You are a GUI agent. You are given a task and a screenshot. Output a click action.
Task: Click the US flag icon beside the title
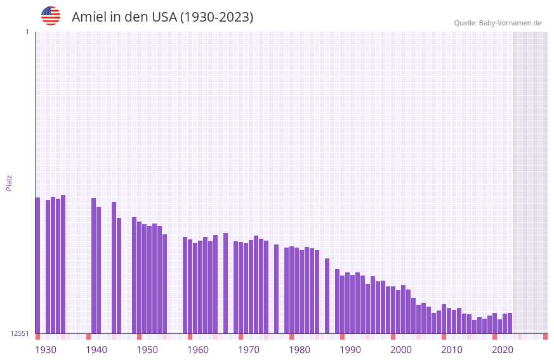(51, 16)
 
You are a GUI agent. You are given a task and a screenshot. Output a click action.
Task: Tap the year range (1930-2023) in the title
(216, 17)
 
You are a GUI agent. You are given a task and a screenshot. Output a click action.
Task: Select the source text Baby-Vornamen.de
(510, 23)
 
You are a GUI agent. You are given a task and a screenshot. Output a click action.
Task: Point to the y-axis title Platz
(9, 182)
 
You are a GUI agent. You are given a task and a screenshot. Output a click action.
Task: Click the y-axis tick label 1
(27, 32)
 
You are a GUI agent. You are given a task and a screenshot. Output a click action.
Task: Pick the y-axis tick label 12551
(20, 333)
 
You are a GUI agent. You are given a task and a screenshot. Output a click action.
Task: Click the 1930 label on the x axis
(46, 350)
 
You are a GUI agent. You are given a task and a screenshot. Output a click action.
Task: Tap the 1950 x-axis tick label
(147, 350)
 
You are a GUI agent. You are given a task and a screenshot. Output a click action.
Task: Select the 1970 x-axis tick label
(249, 350)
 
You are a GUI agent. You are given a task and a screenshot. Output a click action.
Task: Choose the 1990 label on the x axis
(350, 350)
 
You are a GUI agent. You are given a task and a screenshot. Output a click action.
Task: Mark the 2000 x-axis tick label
(401, 350)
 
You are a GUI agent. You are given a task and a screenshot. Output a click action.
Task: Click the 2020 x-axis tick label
(503, 350)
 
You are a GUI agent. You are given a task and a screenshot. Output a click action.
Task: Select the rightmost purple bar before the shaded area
(510, 323)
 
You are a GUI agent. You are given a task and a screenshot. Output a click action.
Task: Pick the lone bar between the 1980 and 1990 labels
(327, 296)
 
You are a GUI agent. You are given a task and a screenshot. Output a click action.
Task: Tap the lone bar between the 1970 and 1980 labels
(277, 289)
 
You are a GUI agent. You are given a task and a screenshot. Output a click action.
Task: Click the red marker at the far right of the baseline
(545, 337)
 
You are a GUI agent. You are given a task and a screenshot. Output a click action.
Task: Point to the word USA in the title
(164, 17)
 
